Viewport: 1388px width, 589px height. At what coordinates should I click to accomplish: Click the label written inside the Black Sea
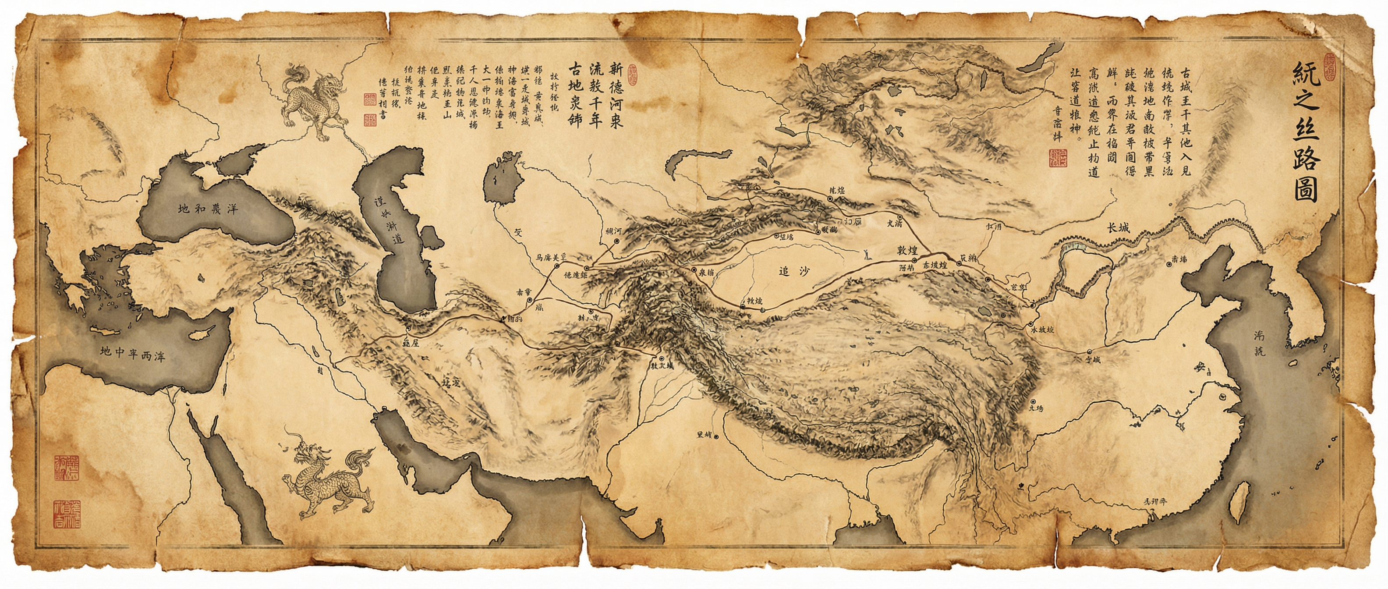[208, 209]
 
